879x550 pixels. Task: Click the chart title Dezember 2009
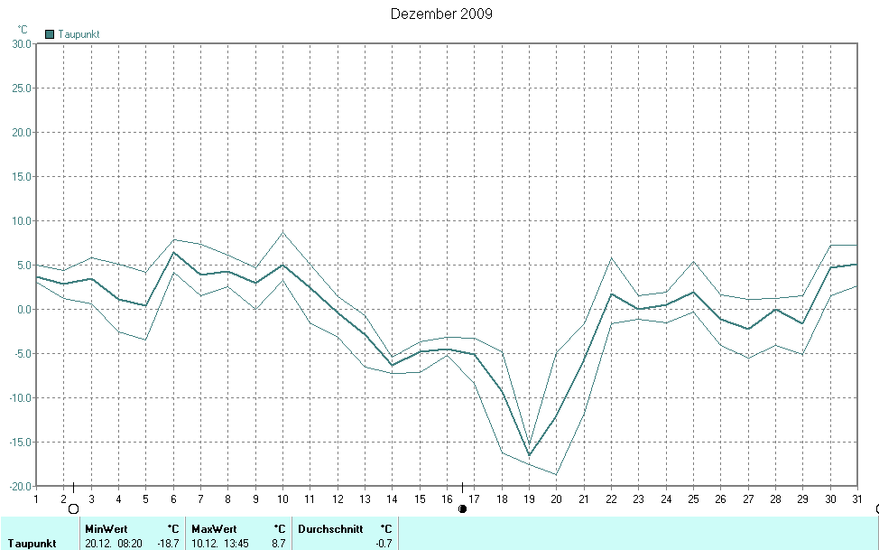coord(441,14)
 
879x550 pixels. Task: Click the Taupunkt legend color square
coord(51,34)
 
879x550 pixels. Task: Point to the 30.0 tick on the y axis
coord(19,43)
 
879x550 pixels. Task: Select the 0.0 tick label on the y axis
coord(23,309)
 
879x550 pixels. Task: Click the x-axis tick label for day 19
coord(530,498)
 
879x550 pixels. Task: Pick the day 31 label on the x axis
coord(856,498)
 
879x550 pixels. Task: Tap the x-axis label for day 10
coord(282,498)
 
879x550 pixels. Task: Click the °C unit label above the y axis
coord(23,29)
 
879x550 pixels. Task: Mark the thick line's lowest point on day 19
coord(530,455)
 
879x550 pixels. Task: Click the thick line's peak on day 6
coord(173,252)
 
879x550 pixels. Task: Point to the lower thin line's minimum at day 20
coord(557,474)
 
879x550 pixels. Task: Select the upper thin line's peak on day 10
coord(282,232)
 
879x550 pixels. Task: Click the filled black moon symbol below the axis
coord(463,508)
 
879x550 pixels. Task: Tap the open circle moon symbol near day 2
coord(73,508)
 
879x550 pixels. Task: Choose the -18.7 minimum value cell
coord(168,544)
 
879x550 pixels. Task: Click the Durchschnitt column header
coord(330,528)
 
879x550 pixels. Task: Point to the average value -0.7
coord(384,544)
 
